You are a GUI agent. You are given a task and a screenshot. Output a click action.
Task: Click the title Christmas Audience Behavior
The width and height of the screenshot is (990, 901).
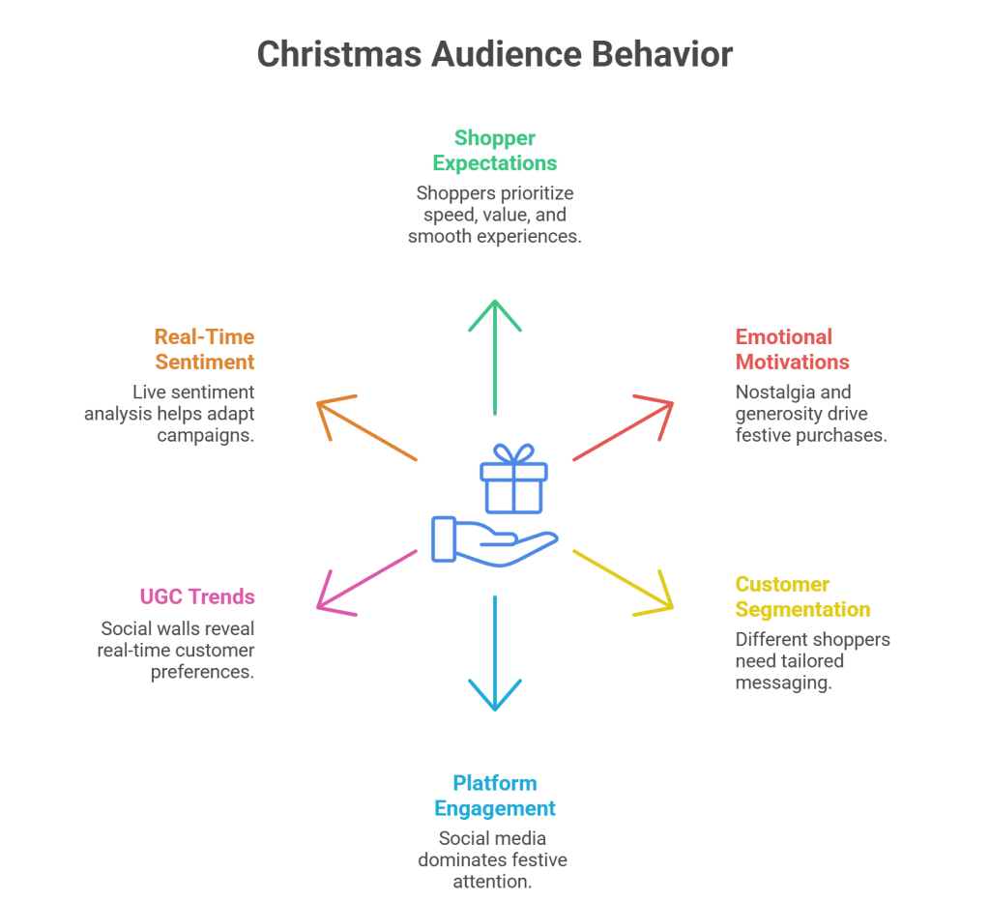point(494,54)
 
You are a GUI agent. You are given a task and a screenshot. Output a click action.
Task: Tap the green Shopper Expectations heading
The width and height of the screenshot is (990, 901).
point(494,150)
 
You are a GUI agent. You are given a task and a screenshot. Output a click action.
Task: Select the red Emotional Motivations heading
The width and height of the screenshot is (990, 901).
point(792,349)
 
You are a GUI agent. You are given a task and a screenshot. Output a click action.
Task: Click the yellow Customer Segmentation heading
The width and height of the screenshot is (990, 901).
point(802,596)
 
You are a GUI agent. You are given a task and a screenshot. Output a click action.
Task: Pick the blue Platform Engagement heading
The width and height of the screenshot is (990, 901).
point(494,796)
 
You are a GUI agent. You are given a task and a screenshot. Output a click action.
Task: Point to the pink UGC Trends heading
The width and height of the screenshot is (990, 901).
point(196,596)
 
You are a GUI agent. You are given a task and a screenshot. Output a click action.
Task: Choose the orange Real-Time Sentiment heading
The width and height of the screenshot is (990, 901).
point(204,349)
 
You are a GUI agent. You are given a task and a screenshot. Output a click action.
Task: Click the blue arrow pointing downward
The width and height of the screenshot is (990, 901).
point(494,657)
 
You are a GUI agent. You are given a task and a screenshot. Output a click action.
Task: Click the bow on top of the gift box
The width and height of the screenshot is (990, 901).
point(512,453)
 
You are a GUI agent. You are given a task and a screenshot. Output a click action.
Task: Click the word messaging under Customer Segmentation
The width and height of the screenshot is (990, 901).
point(784,683)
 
